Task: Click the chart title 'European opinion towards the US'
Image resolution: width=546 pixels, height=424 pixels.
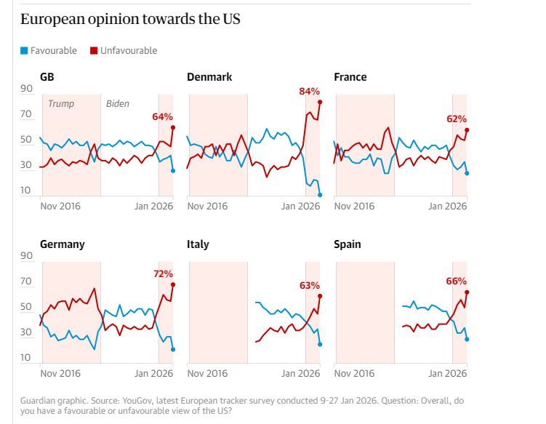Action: (x=130, y=20)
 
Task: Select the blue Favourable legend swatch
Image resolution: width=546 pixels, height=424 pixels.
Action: (x=24, y=51)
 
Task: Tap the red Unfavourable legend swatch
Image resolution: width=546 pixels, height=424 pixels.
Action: (x=94, y=51)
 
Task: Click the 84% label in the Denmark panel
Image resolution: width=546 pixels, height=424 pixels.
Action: (x=309, y=91)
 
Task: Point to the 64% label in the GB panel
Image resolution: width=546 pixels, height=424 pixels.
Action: (x=162, y=116)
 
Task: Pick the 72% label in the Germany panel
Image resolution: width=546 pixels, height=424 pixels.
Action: (x=162, y=273)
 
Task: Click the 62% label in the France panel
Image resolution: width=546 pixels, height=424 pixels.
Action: (x=456, y=119)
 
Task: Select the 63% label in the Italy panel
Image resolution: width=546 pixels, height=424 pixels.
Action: (x=309, y=285)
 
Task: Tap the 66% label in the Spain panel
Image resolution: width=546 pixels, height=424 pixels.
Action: (x=456, y=281)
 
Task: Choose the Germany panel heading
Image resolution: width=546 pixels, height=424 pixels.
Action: (x=62, y=244)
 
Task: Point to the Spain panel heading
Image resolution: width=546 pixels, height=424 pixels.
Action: (x=347, y=244)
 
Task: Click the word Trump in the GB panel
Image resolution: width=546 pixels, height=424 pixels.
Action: (x=61, y=104)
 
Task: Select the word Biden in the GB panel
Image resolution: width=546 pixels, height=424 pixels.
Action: (x=118, y=104)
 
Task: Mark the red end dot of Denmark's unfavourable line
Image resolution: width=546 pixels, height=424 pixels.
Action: (x=320, y=102)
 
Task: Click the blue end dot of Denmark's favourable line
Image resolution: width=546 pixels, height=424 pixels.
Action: (x=320, y=194)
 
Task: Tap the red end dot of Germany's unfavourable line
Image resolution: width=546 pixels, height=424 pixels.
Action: (x=173, y=284)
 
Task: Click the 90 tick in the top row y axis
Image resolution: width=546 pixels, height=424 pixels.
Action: (x=26, y=89)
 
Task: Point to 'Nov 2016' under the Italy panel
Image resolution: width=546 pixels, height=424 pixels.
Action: (x=207, y=373)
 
